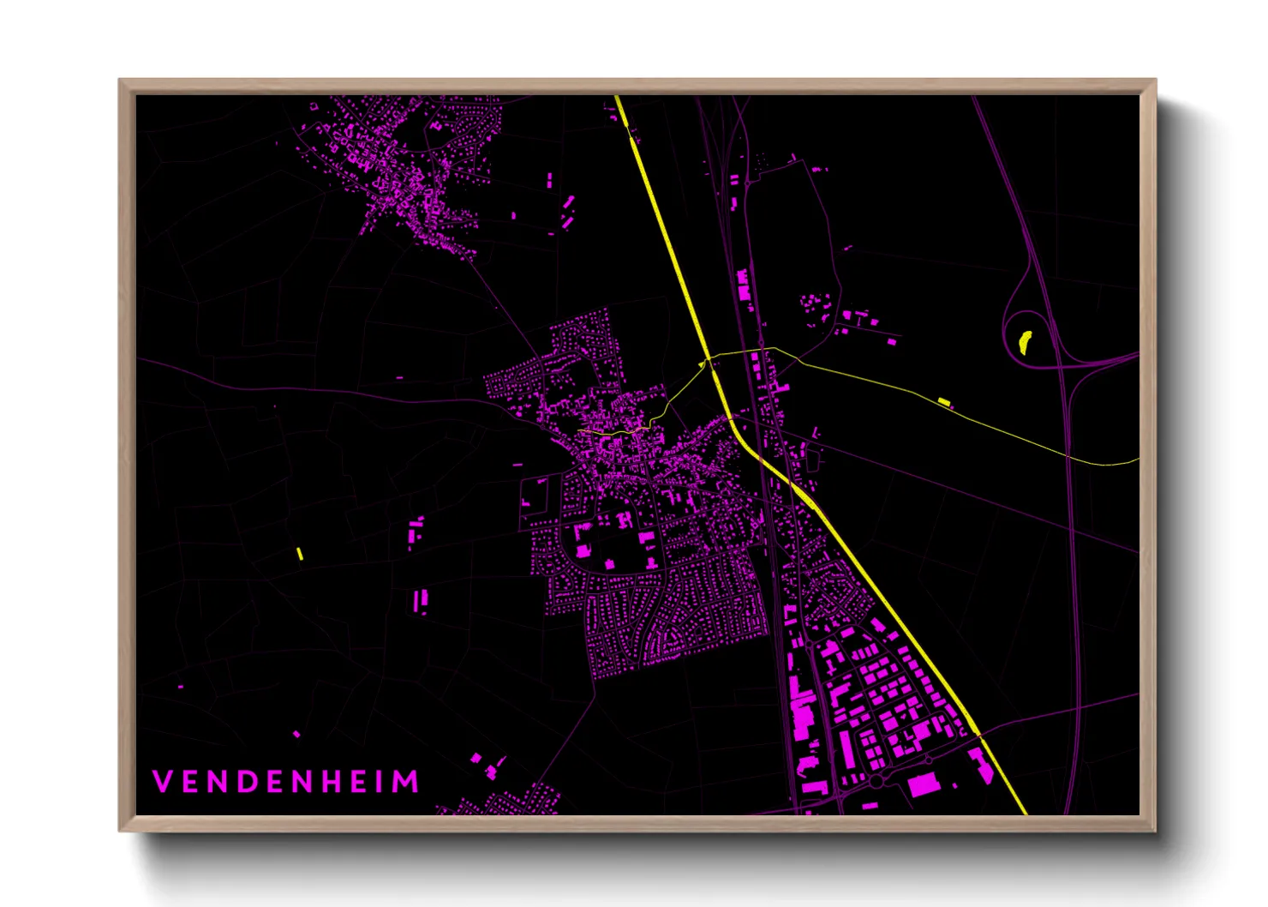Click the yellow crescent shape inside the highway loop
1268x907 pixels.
[x=1024, y=342]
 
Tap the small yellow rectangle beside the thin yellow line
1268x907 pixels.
[x=944, y=401]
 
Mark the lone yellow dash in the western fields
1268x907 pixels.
[x=300, y=554]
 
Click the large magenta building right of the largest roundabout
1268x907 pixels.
[x=924, y=784]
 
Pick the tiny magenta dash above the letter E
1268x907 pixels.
[x=180, y=687]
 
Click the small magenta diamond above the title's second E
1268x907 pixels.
[x=296, y=735]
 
